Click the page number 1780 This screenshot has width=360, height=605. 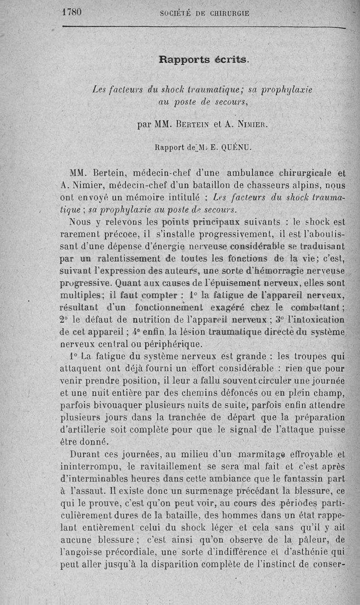pyautogui.click(x=72, y=12)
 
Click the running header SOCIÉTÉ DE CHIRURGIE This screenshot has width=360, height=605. pyautogui.click(x=205, y=13)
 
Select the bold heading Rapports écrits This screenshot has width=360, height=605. pyautogui.click(x=204, y=59)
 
